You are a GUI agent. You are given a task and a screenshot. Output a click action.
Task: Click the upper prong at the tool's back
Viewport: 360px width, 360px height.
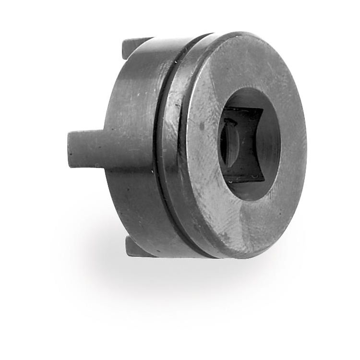[134, 46]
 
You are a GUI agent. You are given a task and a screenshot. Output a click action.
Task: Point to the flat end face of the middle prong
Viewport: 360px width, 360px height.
[72, 150]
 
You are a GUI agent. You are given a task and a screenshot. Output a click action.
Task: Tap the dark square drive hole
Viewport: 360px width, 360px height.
[242, 144]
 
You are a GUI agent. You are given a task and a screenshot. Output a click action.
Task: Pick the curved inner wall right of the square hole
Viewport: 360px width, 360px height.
[272, 144]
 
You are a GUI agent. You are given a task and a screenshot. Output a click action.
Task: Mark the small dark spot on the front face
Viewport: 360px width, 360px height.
[202, 127]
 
